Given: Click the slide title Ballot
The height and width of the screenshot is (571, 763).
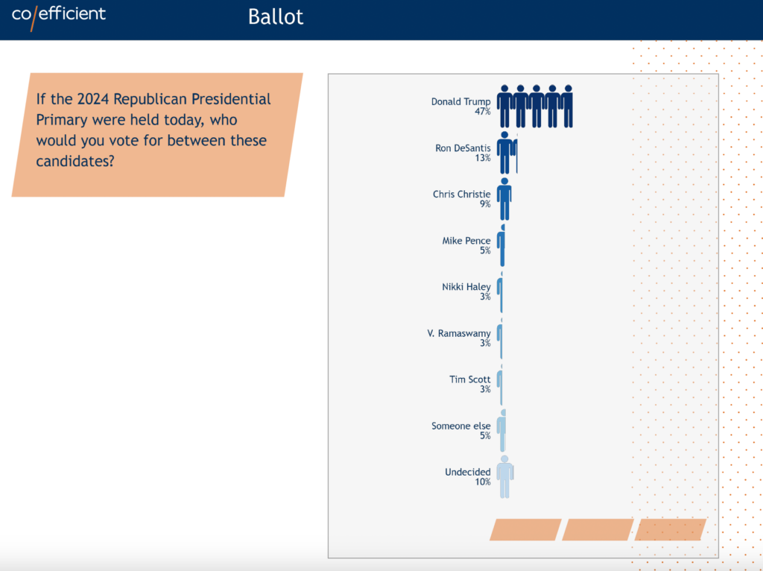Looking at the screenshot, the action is click(x=276, y=16).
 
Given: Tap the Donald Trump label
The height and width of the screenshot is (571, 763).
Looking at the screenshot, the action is click(x=460, y=101).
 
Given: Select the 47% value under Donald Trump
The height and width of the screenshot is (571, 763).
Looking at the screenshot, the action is click(x=483, y=112).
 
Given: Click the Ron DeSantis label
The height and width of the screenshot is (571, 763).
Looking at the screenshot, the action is click(x=463, y=148).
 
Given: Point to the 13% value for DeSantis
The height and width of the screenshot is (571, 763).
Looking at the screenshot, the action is click(x=483, y=158).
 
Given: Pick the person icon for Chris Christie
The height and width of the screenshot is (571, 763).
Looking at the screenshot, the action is click(x=504, y=199).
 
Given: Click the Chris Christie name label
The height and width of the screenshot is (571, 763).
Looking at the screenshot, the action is click(x=461, y=195).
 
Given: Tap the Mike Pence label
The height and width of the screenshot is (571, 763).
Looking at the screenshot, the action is click(x=466, y=241).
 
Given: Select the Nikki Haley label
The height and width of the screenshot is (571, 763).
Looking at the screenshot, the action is click(x=466, y=287).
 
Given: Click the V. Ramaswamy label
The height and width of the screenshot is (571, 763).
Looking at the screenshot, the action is click(x=459, y=333).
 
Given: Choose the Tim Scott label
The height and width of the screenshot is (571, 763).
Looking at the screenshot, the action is click(x=469, y=379).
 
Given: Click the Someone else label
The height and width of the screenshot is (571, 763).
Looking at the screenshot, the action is click(x=460, y=426).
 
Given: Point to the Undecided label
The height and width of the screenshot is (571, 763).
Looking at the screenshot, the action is click(x=468, y=472).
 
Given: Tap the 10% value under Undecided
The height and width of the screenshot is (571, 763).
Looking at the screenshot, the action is click(x=483, y=482).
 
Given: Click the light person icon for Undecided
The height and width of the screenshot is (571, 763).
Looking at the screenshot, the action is click(x=505, y=477).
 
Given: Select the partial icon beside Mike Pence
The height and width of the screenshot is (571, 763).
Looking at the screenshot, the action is click(x=501, y=245).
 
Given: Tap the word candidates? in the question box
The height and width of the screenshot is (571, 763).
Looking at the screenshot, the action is click(x=75, y=161).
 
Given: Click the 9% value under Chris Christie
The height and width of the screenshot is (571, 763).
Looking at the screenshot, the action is click(x=485, y=204).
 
